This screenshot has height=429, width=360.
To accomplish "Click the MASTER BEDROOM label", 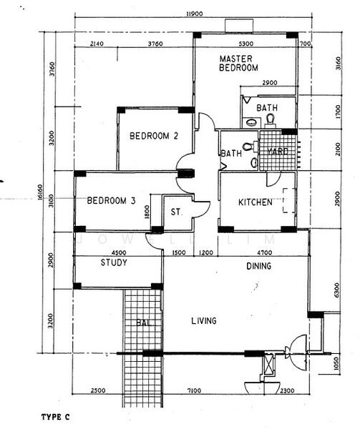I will (x=238, y=63).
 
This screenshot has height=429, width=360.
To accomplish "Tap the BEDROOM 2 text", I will (x=153, y=136).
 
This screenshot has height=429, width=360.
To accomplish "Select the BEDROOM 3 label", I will (x=111, y=202).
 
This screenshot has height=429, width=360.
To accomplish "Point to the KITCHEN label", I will (x=255, y=202).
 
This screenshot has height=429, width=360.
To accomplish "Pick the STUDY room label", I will (x=114, y=262).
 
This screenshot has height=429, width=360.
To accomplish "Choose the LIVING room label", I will (x=203, y=321).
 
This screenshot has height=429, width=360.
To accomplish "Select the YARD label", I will (x=277, y=152).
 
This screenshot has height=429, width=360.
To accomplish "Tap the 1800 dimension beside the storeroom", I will (x=146, y=212).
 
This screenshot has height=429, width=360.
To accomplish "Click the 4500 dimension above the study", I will (x=119, y=252).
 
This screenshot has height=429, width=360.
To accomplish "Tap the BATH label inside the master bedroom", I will (x=266, y=109).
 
